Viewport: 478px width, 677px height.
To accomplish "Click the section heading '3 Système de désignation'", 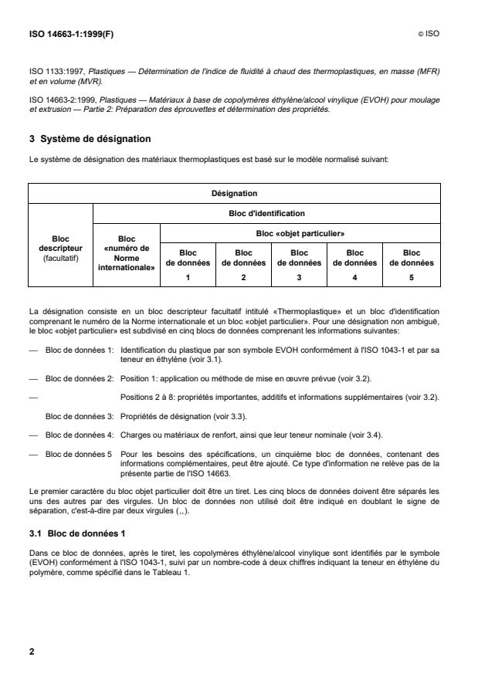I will click(x=90, y=139).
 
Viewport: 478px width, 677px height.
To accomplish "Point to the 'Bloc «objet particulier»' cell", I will click(x=300, y=232).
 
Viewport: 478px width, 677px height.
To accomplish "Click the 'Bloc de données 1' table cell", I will click(x=188, y=263).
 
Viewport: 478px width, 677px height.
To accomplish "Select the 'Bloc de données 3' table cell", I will click(x=300, y=263).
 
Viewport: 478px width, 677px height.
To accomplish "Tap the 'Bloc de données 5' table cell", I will click(x=412, y=263).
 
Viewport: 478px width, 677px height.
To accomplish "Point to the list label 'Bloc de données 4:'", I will click(x=80, y=435).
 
